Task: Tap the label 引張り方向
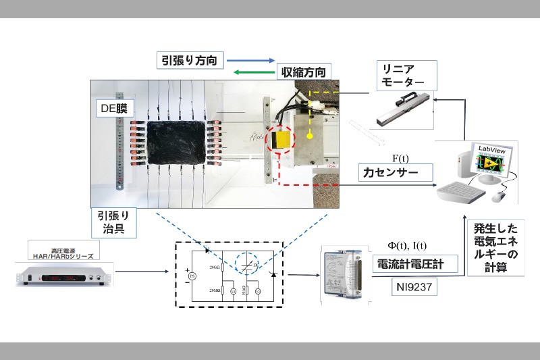(189, 60)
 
